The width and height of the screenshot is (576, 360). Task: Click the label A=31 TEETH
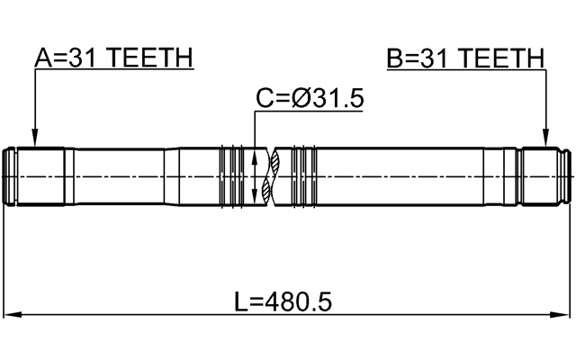112,58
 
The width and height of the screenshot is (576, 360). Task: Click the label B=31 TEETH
465,58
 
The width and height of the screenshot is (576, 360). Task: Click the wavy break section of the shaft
274,177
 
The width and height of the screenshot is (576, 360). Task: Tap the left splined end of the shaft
36,177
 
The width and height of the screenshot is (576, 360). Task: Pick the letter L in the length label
240,301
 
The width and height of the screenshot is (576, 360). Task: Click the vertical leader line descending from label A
34,103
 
